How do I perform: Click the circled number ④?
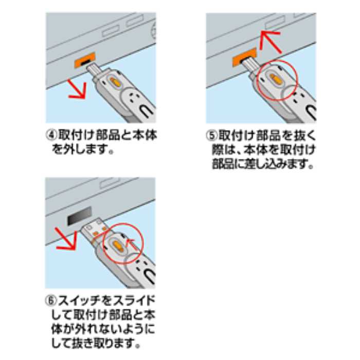[x=51, y=135]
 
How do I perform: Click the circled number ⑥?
[x=51, y=300]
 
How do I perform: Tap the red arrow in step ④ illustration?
[x=77, y=90]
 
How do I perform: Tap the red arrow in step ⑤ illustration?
[x=271, y=42]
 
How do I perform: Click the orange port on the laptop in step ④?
[x=85, y=60]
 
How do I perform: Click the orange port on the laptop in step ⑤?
[x=244, y=57]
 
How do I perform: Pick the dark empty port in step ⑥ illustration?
[x=80, y=216]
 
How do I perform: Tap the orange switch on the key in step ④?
[x=114, y=81]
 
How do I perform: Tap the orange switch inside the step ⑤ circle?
[x=274, y=79]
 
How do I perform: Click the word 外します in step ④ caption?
[x=86, y=150]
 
